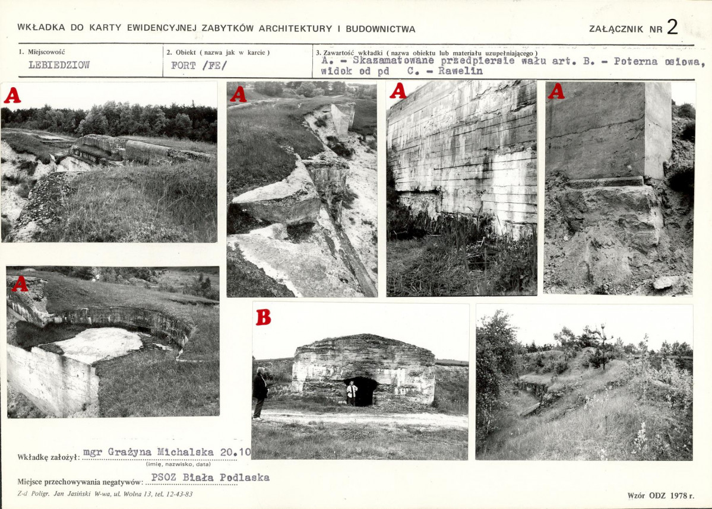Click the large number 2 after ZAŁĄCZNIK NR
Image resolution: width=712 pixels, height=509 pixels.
pos(672,27)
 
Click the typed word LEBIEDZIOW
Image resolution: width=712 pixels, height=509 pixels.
pos(59,65)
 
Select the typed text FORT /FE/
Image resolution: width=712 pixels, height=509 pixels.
pos(198,65)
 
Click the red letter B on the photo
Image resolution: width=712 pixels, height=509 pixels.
pos(264,317)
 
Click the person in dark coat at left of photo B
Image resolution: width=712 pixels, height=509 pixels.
pos(260,393)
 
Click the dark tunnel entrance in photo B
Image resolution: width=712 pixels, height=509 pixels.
pos(362,391)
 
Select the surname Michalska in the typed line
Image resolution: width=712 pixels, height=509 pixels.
pos(185,452)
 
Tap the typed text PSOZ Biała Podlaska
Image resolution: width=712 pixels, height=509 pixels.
pos(210,477)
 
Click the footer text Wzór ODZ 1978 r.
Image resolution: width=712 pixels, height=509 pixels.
pos(661,495)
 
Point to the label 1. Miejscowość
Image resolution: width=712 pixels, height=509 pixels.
pos(42,52)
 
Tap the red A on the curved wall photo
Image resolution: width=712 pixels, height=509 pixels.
pos(20,284)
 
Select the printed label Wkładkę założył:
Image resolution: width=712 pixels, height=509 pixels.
pos(49,457)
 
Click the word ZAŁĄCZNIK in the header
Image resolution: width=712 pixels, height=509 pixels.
pos(616,29)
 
